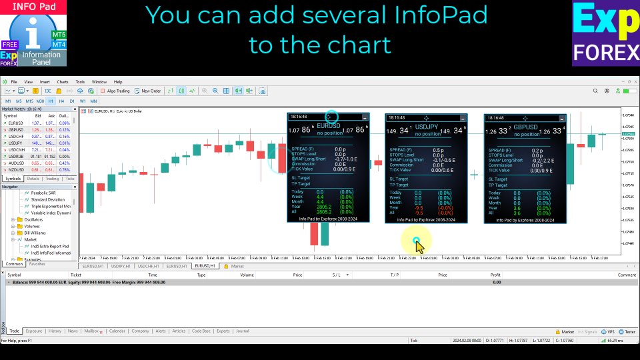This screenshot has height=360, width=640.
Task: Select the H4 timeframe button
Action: (61, 101)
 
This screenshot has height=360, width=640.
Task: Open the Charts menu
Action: (63, 81)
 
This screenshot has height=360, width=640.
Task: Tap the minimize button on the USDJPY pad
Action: (461, 117)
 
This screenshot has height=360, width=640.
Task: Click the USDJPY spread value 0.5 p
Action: (438, 150)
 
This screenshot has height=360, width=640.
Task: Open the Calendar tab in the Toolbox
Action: (117, 331)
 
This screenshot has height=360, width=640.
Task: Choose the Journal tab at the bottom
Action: (242, 331)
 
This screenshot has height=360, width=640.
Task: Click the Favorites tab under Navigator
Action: (37, 264)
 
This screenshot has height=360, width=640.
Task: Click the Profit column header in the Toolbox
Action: (495, 275)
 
